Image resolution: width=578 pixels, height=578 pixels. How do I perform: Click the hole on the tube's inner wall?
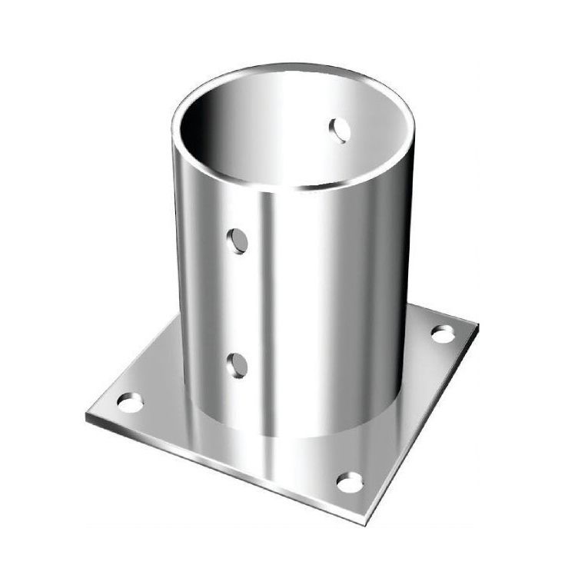pyautogui.click(x=340, y=131)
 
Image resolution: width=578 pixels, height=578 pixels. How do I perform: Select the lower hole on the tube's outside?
pyautogui.click(x=239, y=364)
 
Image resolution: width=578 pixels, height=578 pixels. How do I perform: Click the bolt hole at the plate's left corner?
pyautogui.click(x=130, y=402)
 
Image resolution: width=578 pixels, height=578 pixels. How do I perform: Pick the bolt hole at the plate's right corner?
pyautogui.click(x=443, y=334)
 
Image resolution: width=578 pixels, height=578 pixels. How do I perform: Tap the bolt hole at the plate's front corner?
pyautogui.click(x=350, y=482)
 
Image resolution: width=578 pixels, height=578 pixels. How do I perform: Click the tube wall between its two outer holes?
pyautogui.click(x=239, y=304)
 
